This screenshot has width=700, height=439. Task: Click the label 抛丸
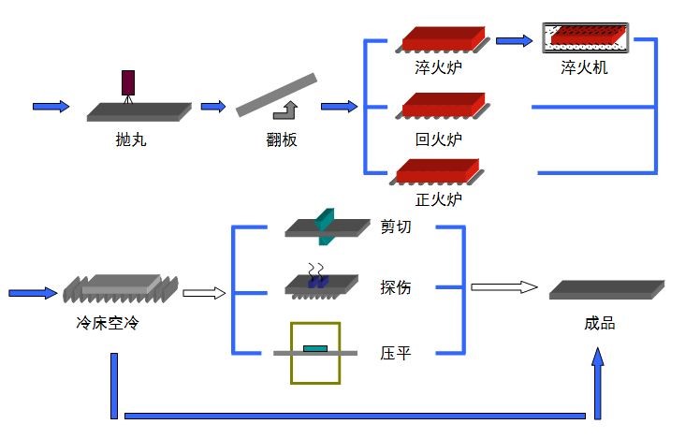point(131,140)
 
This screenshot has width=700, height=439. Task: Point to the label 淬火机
point(584,68)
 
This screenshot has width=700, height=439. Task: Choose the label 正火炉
point(438,199)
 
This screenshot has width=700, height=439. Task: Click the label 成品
point(599,324)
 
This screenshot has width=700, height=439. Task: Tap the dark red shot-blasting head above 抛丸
point(128,82)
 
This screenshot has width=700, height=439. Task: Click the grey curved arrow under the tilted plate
point(282,111)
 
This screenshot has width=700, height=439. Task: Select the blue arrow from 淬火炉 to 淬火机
point(514,40)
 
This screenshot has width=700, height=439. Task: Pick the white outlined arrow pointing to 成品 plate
point(503,286)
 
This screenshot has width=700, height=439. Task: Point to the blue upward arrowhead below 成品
point(598,361)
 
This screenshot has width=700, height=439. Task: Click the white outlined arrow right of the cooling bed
point(204,293)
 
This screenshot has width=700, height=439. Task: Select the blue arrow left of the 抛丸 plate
point(51,106)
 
